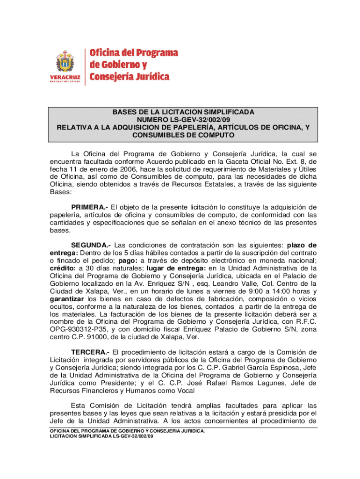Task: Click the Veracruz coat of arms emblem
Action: tap(65, 61)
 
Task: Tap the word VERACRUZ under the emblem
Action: tap(65, 77)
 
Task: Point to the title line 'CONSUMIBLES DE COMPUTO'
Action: tap(183, 135)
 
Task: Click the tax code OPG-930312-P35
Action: tap(78, 329)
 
